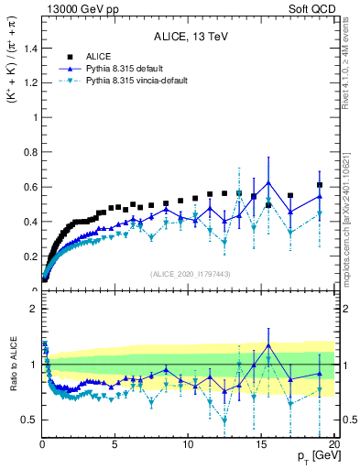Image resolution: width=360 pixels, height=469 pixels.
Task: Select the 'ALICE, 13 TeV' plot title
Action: pyautogui.click(x=191, y=37)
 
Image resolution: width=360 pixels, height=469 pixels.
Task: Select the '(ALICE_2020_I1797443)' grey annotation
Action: pyautogui.click(x=191, y=274)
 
